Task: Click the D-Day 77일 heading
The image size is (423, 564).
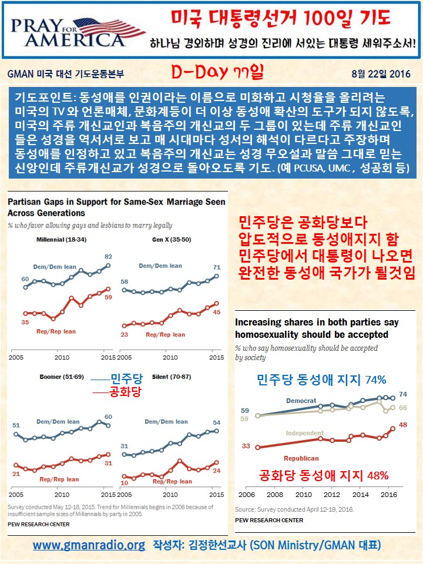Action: (217, 73)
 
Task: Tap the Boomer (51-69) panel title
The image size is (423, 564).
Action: (59, 375)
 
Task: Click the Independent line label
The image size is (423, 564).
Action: (305, 433)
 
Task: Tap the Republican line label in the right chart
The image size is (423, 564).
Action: (301, 458)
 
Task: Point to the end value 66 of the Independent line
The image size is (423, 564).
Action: (403, 407)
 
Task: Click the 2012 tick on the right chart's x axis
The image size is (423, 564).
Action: (331, 495)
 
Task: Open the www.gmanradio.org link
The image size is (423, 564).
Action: (89, 545)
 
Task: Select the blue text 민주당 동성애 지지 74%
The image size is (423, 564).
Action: (321, 380)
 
